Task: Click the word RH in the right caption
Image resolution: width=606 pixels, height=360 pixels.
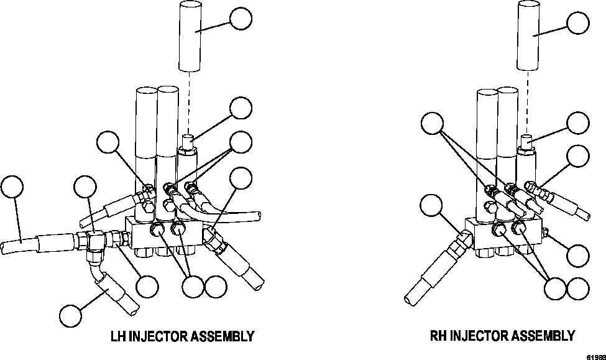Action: [x=438, y=336]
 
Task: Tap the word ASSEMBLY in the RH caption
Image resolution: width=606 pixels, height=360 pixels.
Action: [x=543, y=336]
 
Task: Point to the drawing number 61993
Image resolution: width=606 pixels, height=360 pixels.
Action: [x=596, y=356]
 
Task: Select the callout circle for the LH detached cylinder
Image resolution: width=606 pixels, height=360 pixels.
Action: [x=241, y=19]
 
